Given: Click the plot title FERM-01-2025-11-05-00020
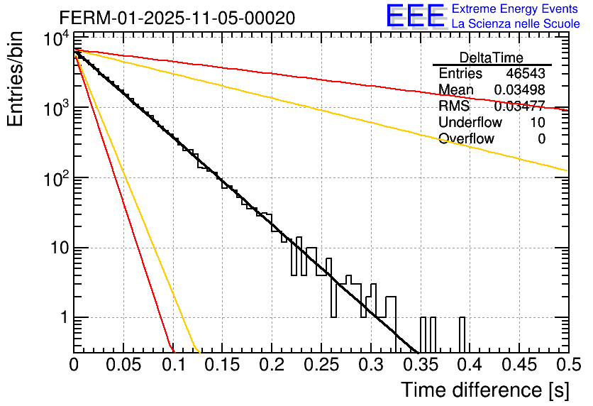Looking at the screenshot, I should click(x=177, y=18).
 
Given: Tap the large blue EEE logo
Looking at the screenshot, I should click(x=415, y=16).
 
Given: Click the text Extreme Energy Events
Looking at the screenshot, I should click(x=515, y=9).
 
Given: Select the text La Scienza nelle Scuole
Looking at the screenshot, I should click(x=515, y=24).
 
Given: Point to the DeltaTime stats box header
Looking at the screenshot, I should click(x=492, y=57).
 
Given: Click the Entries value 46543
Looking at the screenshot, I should click(x=526, y=74).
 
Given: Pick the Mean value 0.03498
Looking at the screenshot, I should click(x=520, y=90).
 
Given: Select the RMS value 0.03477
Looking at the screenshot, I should click(x=520, y=106).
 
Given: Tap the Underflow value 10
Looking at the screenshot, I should click(x=538, y=123).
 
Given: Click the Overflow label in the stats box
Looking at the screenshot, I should click(x=466, y=139).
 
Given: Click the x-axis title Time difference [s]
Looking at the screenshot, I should click(x=483, y=390).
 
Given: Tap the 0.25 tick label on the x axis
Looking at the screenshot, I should click(x=320, y=365).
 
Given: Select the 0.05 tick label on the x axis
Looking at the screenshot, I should click(x=123, y=365).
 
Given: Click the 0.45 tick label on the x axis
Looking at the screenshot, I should click(x=517, y=365).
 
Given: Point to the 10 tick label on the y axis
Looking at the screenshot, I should click(x=55, y=248).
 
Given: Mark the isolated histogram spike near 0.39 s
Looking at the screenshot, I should click(x=462, y=334).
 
